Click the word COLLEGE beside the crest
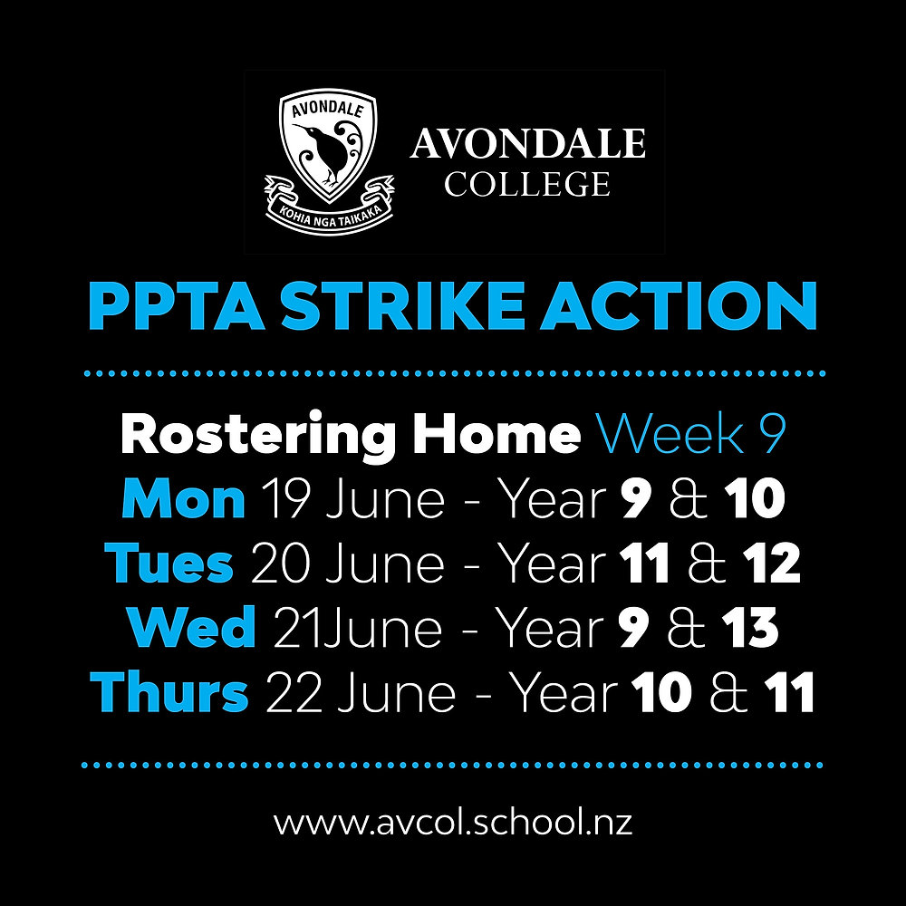click(x=526, y=184)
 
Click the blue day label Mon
click(x=183, y=499)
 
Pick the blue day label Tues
click(x=169, y=564)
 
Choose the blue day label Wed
click(x=192, y=628)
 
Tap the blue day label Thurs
click(x=169, y=692)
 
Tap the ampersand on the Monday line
click(x=687, y=499)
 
